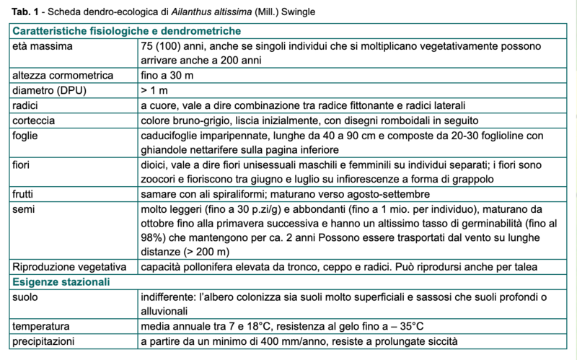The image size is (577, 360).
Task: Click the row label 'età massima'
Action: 42,45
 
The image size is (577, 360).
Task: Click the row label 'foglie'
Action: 27,136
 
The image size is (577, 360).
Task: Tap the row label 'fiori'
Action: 24,165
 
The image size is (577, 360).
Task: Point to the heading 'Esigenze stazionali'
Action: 62,281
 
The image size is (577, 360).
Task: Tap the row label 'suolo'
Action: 26,297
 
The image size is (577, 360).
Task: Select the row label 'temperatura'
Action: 42,326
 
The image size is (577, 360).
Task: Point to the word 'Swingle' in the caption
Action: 295,12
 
